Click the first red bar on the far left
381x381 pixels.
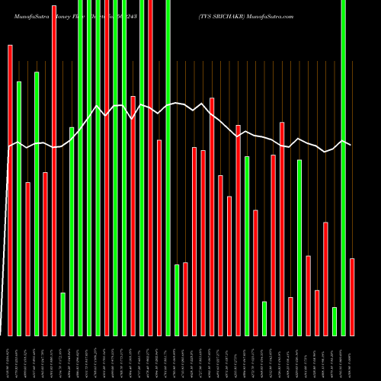10,190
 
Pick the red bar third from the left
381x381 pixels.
28,259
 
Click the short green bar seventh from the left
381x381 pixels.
63,314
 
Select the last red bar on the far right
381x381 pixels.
352,297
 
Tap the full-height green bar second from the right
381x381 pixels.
344,168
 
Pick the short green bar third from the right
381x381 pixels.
335,321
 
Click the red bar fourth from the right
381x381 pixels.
325,279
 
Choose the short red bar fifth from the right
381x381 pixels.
317,312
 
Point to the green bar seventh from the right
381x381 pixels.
299,248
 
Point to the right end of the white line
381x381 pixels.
351,145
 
